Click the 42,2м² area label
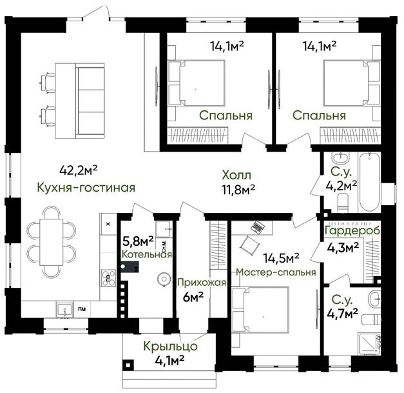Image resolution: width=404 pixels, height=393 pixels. click(x=79, y=170)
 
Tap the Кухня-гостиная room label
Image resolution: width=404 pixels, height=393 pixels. click(x=86, y=188)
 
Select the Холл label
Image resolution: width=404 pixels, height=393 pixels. click(x=236, y=176)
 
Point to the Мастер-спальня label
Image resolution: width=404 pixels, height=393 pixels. click(x=276, y=272)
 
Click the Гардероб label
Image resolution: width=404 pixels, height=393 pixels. click(x=352, y=230)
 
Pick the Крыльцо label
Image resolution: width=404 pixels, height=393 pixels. click(x=171, y=347)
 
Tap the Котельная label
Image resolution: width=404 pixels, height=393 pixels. click(x=147, y=255)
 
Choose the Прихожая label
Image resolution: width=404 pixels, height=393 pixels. click(x=202, y=283)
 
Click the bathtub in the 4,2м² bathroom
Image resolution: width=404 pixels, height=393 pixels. click(x=369, y=183)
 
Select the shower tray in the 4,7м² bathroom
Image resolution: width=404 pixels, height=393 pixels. click(x=369, y=344)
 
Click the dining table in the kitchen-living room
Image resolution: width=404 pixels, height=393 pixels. click(x=52, y=242)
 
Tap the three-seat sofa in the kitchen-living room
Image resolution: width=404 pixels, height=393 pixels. click(x=91, y=101)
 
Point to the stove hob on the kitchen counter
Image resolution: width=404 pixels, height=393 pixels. click(x=108, y=278)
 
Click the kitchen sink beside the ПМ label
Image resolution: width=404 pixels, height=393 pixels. click(x=64, y=309)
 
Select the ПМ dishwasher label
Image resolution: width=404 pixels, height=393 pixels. click(x=82, y=309)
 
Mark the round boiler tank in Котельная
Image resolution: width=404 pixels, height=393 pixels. click(x=164, y=279)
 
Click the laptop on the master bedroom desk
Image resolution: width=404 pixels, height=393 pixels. click(x=258, y=227)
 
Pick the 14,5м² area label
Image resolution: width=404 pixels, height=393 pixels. click(x=281, y=258)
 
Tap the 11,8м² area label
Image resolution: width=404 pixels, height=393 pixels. click(x=238, y=190)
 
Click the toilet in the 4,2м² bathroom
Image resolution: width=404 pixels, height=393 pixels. click(x=343, y=202)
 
